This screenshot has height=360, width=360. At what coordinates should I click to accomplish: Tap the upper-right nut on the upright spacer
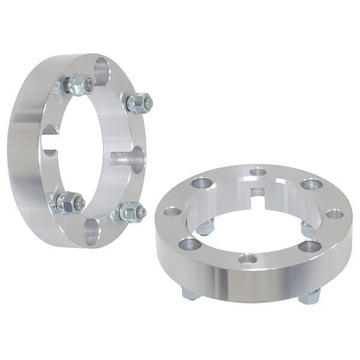[x=137, y=103]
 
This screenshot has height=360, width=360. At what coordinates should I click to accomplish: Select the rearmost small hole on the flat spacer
[x=259, y=173]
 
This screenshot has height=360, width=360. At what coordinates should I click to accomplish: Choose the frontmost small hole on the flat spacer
[x=247, y=260]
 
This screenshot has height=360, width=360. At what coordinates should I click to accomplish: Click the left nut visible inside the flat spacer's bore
[x=206, y=226]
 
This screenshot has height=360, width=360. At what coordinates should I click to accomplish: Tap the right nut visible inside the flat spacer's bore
[x=307, y=227]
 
